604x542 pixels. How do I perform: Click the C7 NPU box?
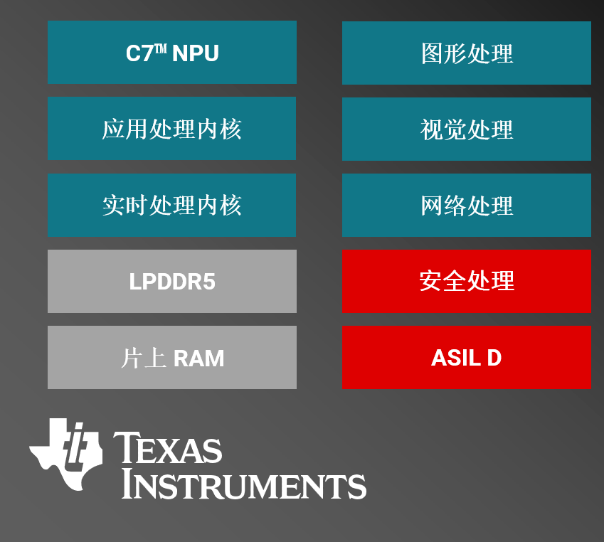tap(171, 53)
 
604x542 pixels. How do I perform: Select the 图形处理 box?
tap(467, 53)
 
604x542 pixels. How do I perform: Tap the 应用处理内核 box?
tap(171, 128)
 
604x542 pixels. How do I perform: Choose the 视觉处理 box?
tap(467, 129)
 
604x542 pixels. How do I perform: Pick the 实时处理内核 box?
tap(171, 205)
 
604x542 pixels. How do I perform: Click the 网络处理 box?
tap(467, 205)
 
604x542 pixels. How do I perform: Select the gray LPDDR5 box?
tap(171, 281)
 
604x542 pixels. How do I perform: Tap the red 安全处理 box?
tap(467, 281)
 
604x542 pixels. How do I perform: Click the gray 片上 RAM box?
tap(171, 358)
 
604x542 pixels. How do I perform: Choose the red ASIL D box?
tap(467, 358)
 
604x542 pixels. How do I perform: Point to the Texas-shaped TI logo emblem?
tap(66, 455)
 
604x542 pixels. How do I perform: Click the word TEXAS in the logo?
tap(168, 447)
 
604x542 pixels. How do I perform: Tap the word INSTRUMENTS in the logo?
tap(243, 484)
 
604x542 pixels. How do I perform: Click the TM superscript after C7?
tap(161, 49)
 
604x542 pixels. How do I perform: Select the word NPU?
tap(196, 53)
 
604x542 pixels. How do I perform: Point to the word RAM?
tap(198, 358)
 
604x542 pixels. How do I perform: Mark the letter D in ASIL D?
tap(494, 358)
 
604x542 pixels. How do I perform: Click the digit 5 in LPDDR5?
tap(209, 282)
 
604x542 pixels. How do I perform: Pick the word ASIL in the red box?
tap(456, 358)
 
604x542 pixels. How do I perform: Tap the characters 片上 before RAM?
tap(144, 358)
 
